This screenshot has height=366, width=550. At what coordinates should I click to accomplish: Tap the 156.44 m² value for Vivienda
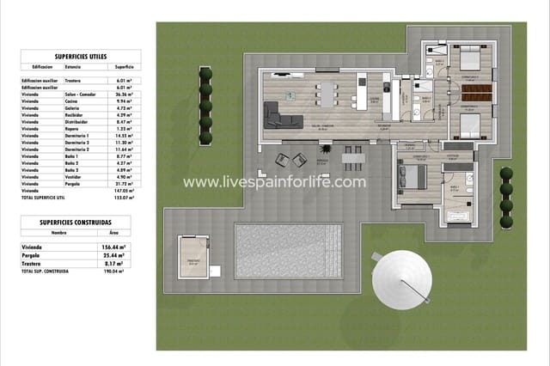point(113,247)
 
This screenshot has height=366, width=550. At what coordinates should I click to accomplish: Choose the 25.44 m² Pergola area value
point(113,255)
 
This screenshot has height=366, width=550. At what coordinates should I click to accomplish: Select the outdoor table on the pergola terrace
point(350,158)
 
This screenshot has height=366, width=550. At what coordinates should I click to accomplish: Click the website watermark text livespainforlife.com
point(275,182)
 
